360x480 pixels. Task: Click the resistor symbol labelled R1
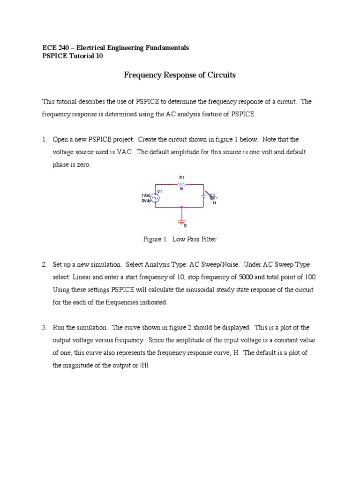(182, 185)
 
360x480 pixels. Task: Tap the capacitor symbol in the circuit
(203, 195)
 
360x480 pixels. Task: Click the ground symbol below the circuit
(182, 220)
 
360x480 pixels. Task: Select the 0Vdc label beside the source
(145, 200)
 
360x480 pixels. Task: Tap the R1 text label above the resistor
(182, 178)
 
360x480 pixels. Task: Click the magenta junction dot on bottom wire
(182, 207)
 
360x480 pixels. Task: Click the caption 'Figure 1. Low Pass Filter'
(180, 239)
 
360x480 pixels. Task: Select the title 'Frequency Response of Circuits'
(180, 75)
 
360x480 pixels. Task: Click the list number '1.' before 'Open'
(45, 140)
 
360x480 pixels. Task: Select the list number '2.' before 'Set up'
(45, 265)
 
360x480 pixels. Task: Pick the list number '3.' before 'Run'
(45, 328)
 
